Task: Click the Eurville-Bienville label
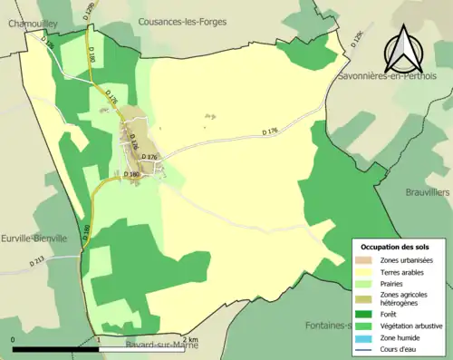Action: coord(34,238)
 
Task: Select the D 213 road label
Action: coord(37,262)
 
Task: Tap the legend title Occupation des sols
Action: coord(397,247)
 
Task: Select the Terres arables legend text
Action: coord(404,271)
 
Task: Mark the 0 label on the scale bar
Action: coord(14,339)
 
